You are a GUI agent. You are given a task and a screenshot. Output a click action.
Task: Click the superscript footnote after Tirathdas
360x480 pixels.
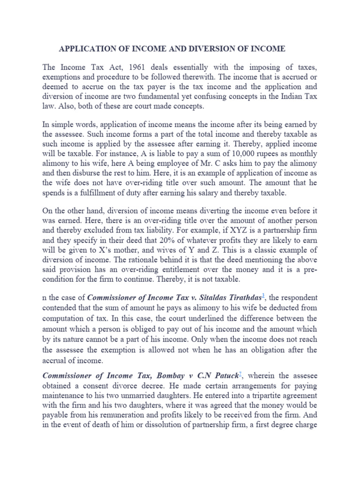264,295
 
